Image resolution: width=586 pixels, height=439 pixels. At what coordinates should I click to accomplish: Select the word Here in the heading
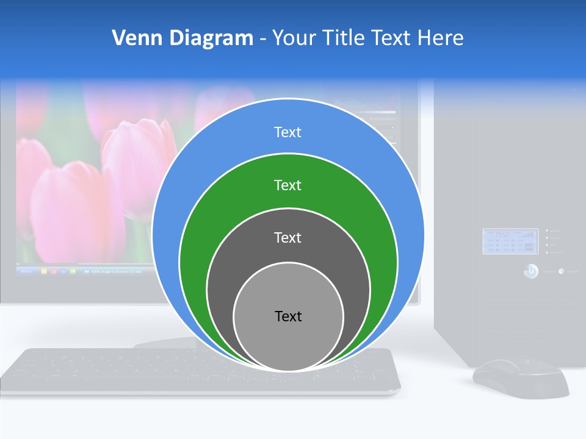440,38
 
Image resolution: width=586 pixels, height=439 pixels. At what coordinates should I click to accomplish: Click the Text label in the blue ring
288,132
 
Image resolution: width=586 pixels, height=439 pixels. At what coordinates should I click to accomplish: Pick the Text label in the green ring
288,185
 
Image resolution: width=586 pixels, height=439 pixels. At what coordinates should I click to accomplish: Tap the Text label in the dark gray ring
288,238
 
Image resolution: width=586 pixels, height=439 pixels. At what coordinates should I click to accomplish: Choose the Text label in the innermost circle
288,316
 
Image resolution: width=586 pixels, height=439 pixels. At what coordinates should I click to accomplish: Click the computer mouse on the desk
520,378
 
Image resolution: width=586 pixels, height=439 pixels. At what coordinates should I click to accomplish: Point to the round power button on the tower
531,271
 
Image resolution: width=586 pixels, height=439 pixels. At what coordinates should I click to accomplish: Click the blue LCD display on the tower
510,241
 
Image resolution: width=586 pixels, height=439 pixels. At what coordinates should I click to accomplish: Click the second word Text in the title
392,38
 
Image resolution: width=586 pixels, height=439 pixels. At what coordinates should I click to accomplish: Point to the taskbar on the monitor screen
79,270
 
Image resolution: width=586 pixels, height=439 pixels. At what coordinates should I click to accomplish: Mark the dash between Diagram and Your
262,38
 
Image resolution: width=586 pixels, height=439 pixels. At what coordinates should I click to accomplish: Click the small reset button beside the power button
561,271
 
